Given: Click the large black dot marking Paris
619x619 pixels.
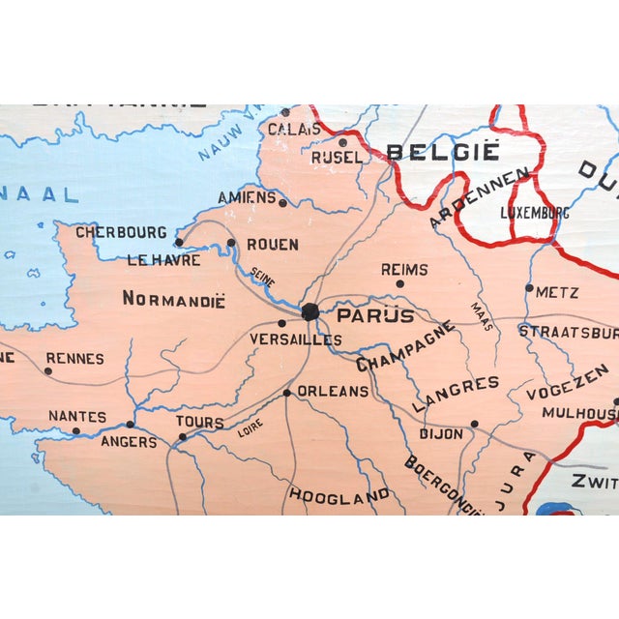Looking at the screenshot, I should coord(309,311).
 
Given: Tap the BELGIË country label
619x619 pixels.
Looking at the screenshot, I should coord(443,152).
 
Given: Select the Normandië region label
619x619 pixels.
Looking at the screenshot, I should coord(173,299).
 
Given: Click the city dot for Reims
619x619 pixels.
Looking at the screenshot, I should coord(399,283).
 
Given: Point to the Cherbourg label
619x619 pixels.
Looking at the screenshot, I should coord(121,232).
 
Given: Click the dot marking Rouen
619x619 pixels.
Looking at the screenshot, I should coord(231,243).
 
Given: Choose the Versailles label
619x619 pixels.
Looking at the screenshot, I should coord(296,339).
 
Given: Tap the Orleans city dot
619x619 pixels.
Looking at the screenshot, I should coord(287,393).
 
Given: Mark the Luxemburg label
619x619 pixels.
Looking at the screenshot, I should coord(535,212).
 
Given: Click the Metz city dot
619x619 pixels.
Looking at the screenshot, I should coord(529,287).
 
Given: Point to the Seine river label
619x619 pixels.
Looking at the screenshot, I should coord(263,277).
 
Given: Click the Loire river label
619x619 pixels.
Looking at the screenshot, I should coord(250,427).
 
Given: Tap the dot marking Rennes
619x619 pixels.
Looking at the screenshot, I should coord(47,370).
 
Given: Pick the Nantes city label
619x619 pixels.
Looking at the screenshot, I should coord(76,416).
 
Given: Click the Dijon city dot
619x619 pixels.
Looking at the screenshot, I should coord(474,424).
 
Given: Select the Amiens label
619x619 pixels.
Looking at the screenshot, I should coord(246,196).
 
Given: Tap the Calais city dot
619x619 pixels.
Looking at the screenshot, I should coord(284,112).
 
